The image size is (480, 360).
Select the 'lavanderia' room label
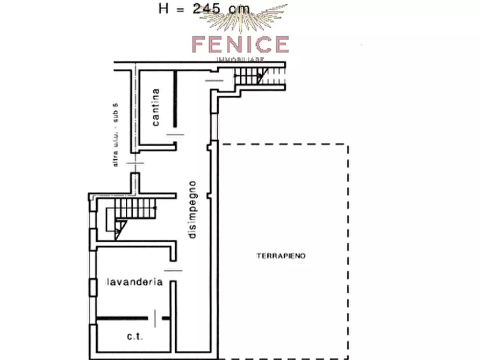(134, 282)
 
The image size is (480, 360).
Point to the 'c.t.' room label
(134, 336)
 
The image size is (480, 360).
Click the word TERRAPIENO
(281, 256)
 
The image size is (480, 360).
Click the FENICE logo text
(240, 44)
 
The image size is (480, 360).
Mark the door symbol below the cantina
(176, 134)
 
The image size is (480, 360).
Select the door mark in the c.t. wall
(156, 318)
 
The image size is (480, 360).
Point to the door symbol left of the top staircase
(214, 81)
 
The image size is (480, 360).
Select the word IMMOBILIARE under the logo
(240, 59)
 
